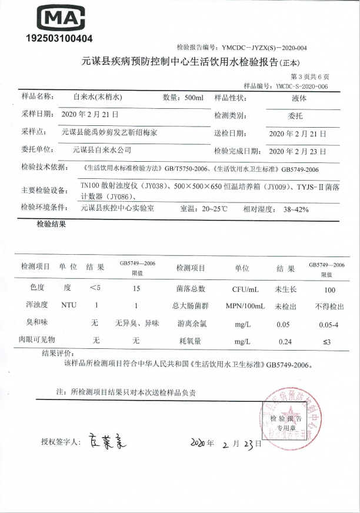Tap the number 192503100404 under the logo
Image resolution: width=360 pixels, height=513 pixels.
click(x=59, y=39)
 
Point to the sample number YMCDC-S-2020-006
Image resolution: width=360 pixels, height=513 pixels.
click(x=302, y=86)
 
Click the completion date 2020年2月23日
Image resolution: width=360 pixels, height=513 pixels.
click(x=297, y=151)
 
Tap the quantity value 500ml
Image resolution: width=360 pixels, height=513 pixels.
click(x=194, y=97)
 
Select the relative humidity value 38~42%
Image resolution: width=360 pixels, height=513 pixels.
click(x=295, y=209)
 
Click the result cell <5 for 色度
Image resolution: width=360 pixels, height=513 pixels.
click(x=95, y=288)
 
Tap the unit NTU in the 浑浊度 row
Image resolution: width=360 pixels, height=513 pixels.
click(x=68, y=305)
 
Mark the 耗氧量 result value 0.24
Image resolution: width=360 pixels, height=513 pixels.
click(x=285, y=341)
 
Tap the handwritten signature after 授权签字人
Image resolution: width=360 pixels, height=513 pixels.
click(x=108, y=439)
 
